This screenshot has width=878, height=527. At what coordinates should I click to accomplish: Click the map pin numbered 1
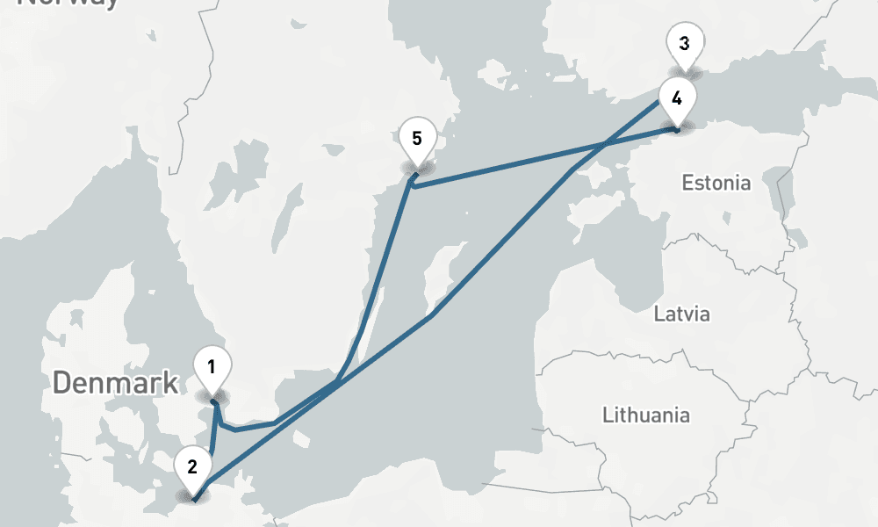212,368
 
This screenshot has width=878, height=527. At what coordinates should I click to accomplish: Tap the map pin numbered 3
684,44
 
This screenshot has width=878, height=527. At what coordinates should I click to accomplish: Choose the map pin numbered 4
677,98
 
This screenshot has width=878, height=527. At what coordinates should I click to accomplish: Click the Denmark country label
115,383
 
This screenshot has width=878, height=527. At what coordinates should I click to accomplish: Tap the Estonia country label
716,183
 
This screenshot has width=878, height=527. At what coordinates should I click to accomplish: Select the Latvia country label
681,314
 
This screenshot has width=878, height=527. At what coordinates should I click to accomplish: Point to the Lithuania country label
645,414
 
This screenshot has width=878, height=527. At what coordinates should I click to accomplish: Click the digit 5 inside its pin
416,138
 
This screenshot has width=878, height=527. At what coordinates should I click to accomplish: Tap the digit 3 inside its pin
684,43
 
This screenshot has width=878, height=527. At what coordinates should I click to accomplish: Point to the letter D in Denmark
61,383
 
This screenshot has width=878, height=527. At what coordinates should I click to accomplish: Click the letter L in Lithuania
607,414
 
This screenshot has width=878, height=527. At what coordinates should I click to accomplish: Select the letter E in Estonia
687,183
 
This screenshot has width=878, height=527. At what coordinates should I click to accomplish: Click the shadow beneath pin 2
192,497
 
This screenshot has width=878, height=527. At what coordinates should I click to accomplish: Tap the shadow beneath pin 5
416,168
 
